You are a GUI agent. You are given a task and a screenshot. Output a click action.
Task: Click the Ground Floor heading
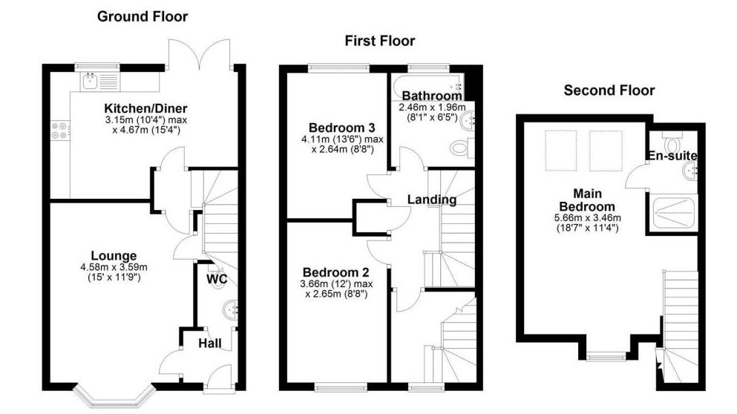[x=143, y=16]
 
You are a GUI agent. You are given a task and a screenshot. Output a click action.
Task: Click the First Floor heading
[x=379, y=41]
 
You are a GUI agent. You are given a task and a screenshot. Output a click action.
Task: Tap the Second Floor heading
[x=609, y=91]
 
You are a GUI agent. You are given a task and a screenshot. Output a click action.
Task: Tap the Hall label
[x=212, y=344]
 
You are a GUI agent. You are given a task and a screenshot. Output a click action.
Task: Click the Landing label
[x=431, y=199]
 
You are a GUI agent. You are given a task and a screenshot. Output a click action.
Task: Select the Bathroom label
[x=431, y=96]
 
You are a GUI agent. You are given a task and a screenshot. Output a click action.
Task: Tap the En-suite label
[x=672, y=157]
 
